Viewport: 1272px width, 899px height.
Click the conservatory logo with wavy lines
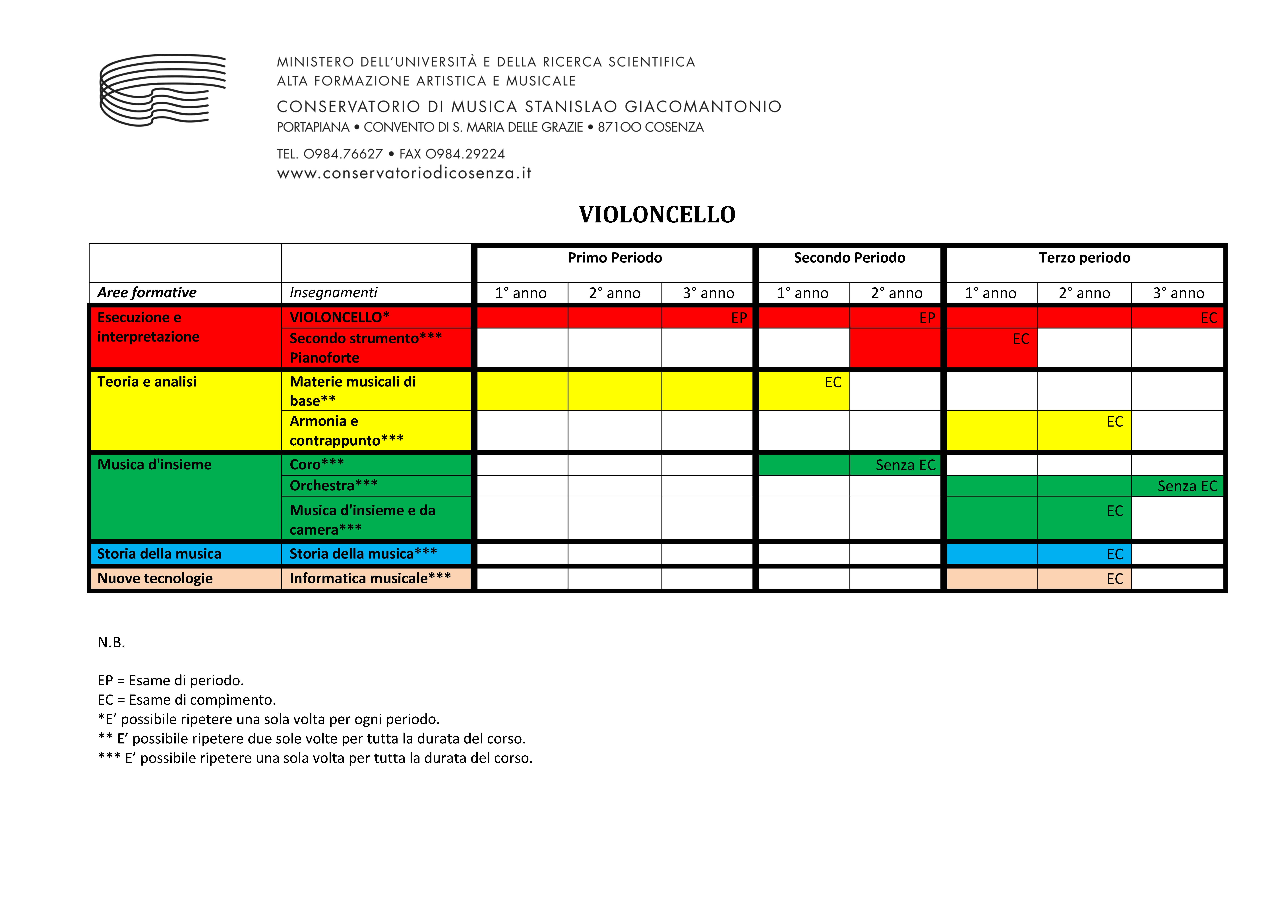coord(162,90)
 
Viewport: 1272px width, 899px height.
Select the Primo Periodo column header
coord(614,258)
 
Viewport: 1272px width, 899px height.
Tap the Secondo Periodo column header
coord(849,258)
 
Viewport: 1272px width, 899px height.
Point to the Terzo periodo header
coord(1084,258)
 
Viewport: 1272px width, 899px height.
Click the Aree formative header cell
coord(147,292)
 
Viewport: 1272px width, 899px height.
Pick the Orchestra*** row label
coord(334,485)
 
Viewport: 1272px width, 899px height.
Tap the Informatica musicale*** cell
coord(370,578)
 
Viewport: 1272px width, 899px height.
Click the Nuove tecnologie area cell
coord(155,578)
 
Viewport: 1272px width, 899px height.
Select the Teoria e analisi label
coord(147,382)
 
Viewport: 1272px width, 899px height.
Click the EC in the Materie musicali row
coord(833,382)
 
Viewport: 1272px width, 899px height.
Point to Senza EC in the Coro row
coord(905,465)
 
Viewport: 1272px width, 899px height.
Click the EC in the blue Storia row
coord(1115,555)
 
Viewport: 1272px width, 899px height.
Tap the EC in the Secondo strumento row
coord(1020,339)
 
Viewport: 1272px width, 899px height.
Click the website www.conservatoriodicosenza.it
coord(404,173)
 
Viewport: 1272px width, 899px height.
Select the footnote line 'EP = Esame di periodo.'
coord(171,680)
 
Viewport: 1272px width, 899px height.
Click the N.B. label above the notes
coord(111,642)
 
